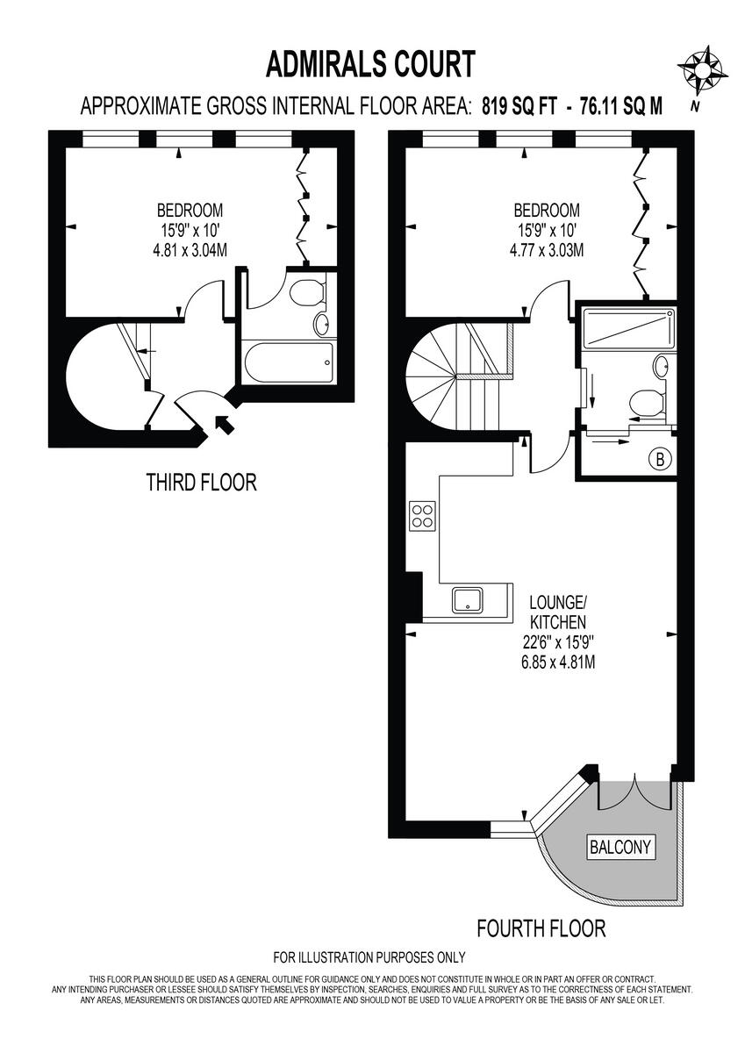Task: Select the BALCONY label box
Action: click(620, 847)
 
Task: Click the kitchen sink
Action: click(468, 600)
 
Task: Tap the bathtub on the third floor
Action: click(289, 362)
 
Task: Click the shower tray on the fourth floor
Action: click(627, 327)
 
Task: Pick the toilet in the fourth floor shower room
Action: click(646, 403)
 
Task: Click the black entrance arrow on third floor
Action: click(224, 426)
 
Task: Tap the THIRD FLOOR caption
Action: click(201, 482)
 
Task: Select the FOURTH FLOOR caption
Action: click(541, 928)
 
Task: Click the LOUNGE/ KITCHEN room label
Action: click(556, 612)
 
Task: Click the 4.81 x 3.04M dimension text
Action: click(190, 250)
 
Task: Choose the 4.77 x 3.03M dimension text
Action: click(546, 250)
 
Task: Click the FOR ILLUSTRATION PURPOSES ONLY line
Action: click(369, 957)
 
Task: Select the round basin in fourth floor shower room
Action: click(660, 364)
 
